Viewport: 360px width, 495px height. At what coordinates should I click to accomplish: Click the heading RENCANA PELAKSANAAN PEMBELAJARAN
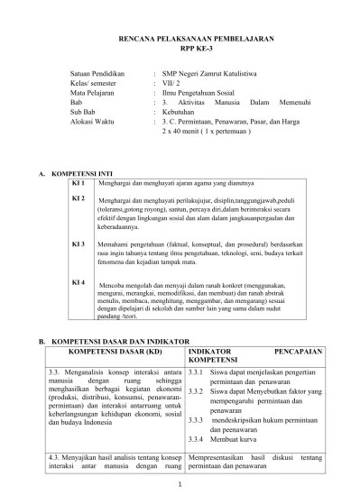coord(180,41)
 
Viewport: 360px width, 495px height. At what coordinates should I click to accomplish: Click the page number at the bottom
coord(180,486)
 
